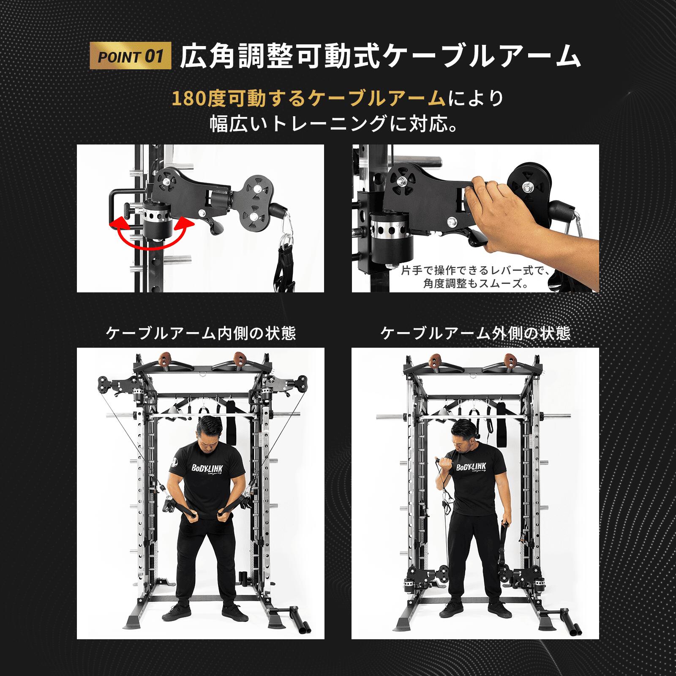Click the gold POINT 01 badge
[131, 56]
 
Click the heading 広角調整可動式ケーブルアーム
[380, 56]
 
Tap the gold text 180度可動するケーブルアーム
[309, 99]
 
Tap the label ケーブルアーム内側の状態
[201, 333]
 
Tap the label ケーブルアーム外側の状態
[475, 333]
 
